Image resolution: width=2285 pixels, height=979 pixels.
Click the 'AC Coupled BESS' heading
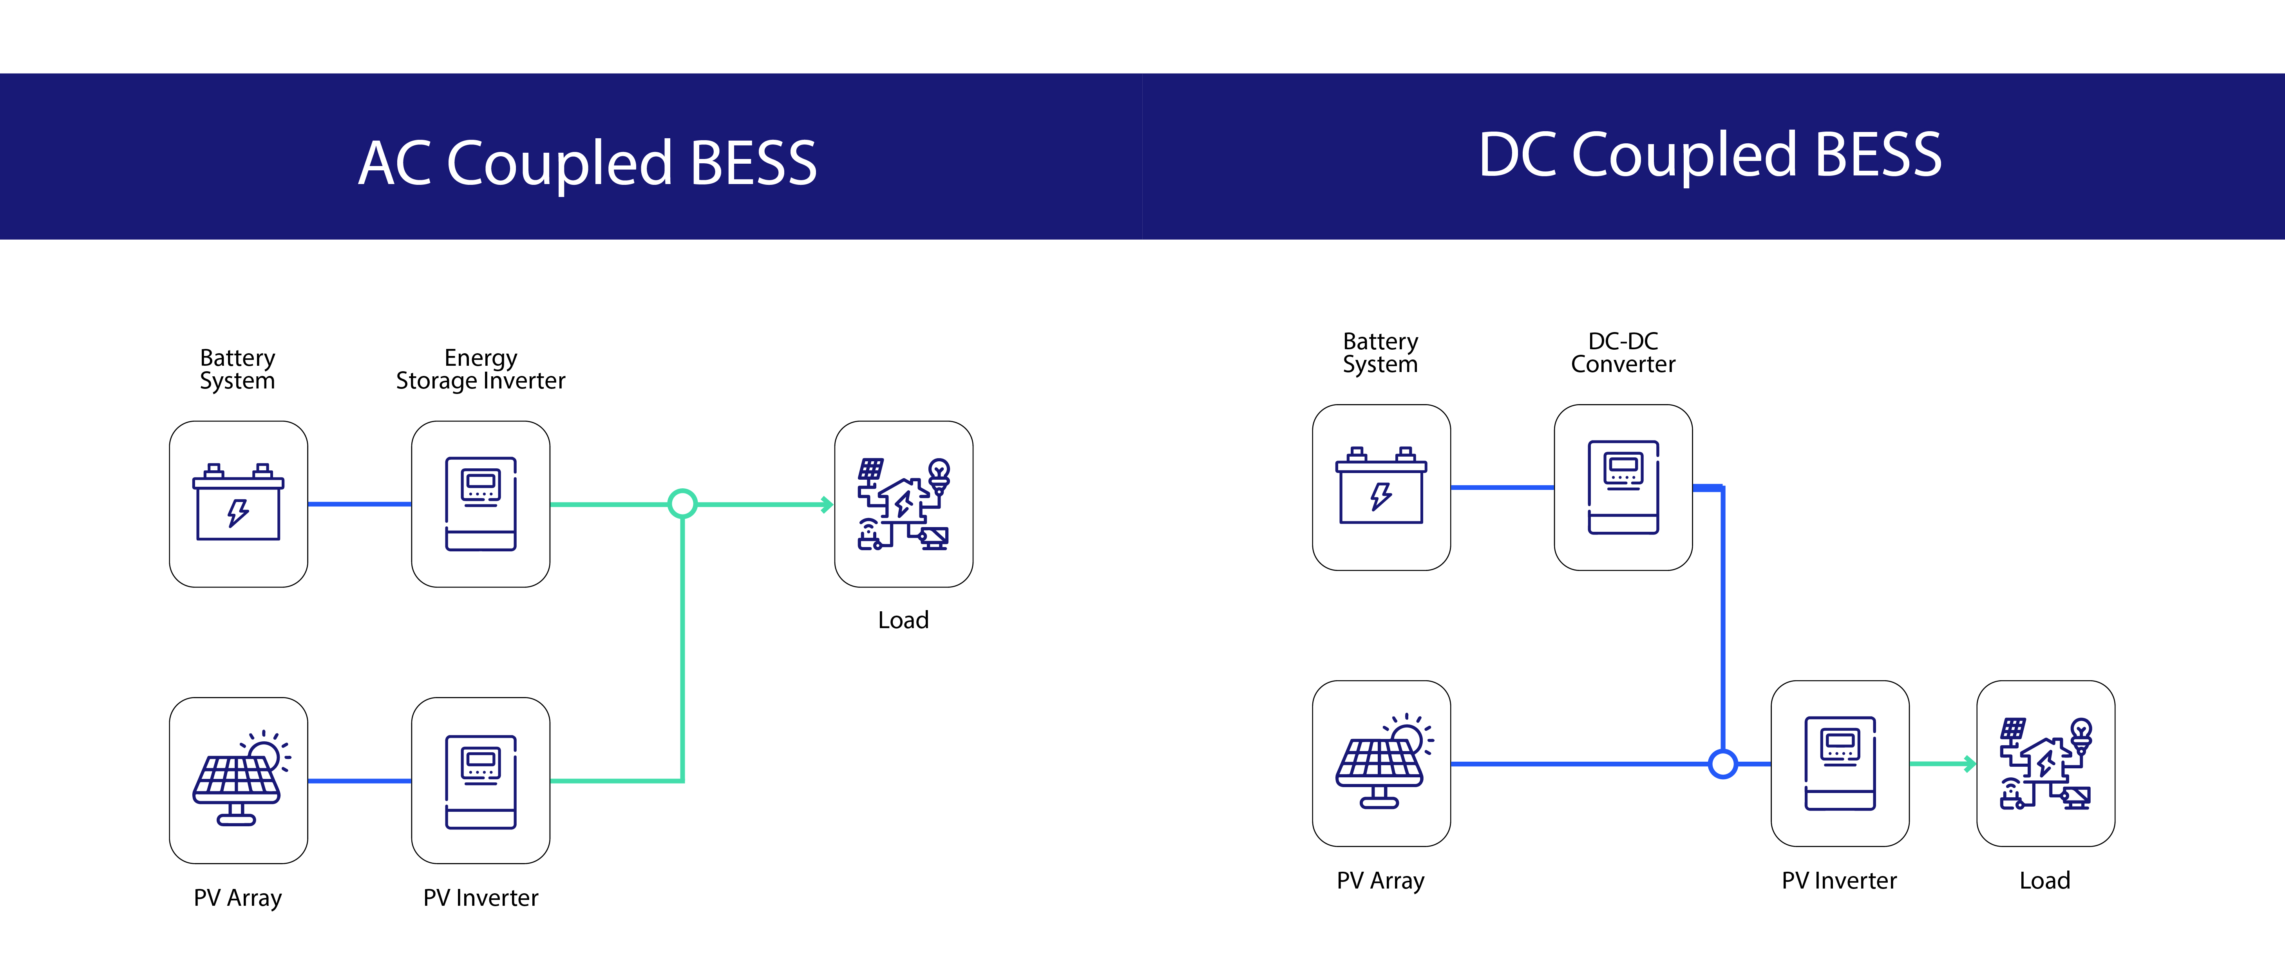click(x=587, y=163)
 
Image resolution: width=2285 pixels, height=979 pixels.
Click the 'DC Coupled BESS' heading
click(x=1709, y=155)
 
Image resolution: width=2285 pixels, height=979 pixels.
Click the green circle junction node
click(x=682, y=504)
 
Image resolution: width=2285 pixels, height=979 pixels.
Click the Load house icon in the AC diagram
click(x=903, y=504)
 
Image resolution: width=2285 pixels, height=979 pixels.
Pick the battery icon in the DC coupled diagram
click(x=1381, y=487)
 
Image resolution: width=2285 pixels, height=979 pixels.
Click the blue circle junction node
click(x=1722, y=764)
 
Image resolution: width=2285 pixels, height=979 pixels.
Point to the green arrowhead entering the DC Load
click(x=1969, y=764)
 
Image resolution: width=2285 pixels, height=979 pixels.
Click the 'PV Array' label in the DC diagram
click(x=1380, y=881)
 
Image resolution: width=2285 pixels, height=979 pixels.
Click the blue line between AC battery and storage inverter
click(x=359, y=504)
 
